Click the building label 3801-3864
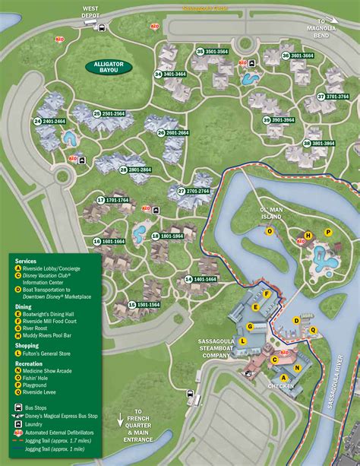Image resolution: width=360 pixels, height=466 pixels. [x=319, y=143]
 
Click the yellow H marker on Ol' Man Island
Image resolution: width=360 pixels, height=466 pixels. [x=308, y=235]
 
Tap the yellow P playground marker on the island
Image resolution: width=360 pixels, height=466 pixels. [x=328, y=232]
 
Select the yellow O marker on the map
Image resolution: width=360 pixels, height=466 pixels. [x=269, y=232]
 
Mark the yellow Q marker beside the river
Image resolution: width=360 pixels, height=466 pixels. [x=313, y=329]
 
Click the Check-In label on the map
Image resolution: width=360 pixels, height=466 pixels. [x=280, y=386]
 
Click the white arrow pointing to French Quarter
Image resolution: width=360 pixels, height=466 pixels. [x=120, y=418]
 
